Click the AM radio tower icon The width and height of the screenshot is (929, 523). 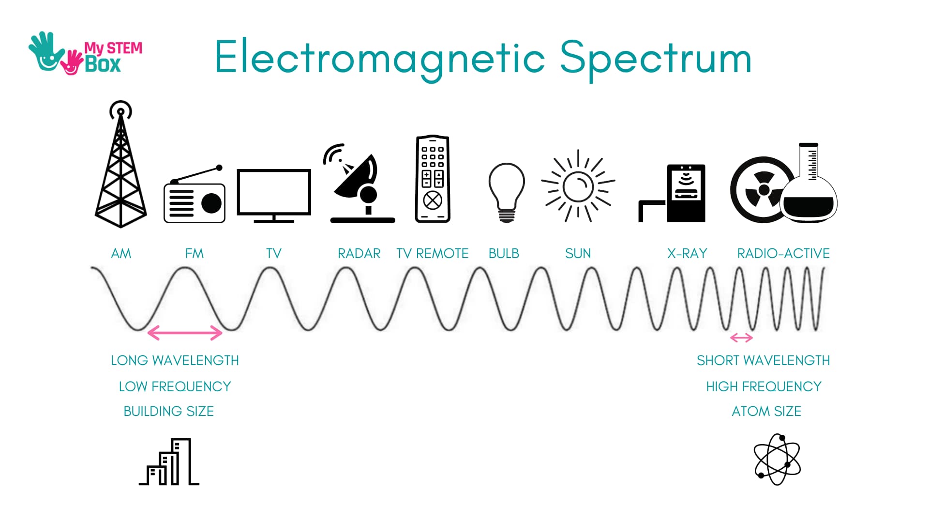tap(120, 165)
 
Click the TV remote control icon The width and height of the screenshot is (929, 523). tap(433, 179)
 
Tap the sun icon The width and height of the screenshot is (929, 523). tap(578, 186)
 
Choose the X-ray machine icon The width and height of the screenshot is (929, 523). tap(672, 193)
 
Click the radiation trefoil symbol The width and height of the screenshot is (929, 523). tap(762, 190)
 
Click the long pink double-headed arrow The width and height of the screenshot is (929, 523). tap(184, 333)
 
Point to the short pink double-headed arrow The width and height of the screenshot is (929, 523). tap(741, 338)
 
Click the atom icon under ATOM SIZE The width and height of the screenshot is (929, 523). tap(777, 460)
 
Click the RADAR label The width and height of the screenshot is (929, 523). tap(359, 253)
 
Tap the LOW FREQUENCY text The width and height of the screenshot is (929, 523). tap(175, 386)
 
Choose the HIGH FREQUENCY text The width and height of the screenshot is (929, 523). tap(764, 386)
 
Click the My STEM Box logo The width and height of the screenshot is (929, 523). tap(85, 54)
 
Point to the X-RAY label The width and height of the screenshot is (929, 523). tap(687, 253)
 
